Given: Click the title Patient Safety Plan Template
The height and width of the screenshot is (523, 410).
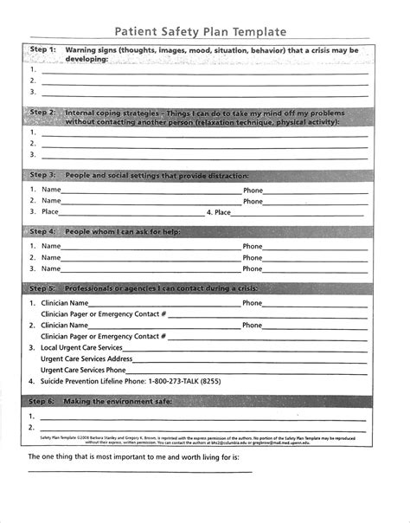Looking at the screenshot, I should [x=206, y=32].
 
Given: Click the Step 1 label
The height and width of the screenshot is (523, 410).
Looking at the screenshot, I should [x=42, y=51].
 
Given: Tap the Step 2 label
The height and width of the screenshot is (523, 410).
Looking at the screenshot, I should [x=42, y=113].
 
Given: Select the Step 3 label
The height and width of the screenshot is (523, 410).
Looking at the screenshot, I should [x=42, y=175].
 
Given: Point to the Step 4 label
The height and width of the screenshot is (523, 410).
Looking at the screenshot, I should [x=42, y=233].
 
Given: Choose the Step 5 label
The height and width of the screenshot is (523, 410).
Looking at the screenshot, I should [x=42, y=287].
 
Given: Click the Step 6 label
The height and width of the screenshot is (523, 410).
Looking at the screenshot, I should [x=42, y=402].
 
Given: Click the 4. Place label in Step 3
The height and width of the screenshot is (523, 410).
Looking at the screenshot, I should [x=219, y=211].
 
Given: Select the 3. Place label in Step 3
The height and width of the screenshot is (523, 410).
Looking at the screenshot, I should [x=45, y=211].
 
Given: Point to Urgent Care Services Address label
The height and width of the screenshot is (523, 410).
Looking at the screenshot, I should [x=86, y=358].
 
